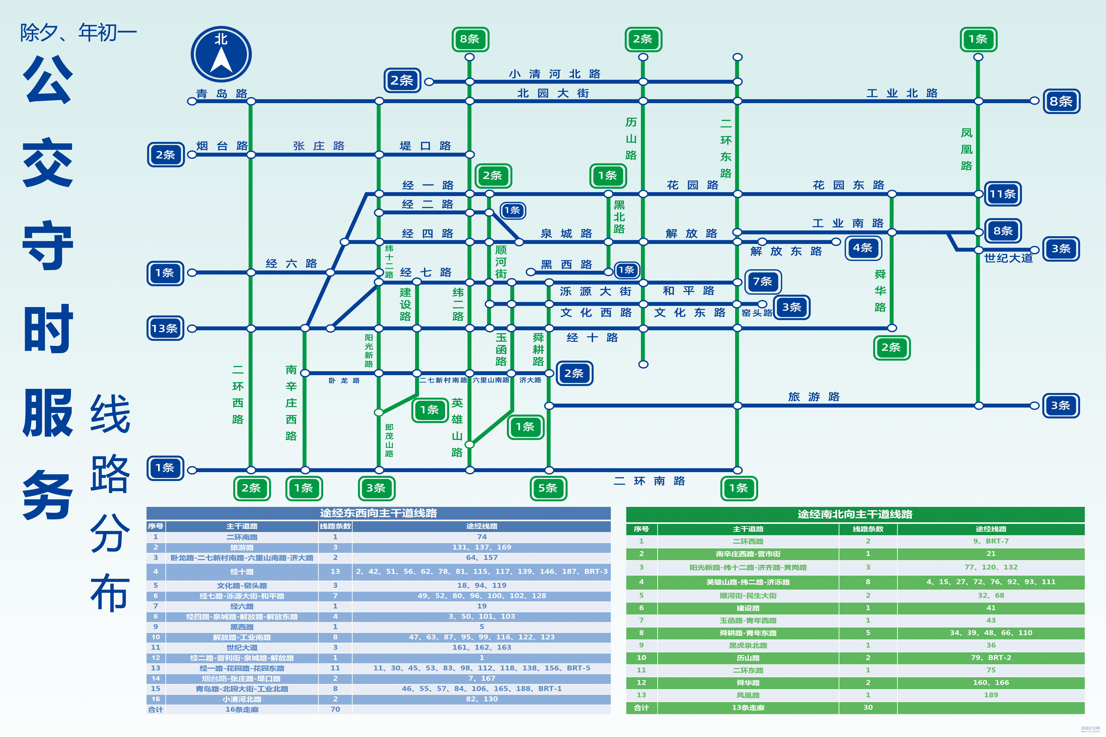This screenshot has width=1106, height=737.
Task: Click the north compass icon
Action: click(x=221, y=54)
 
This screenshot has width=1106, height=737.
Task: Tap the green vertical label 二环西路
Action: click(x=238, y=395)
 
